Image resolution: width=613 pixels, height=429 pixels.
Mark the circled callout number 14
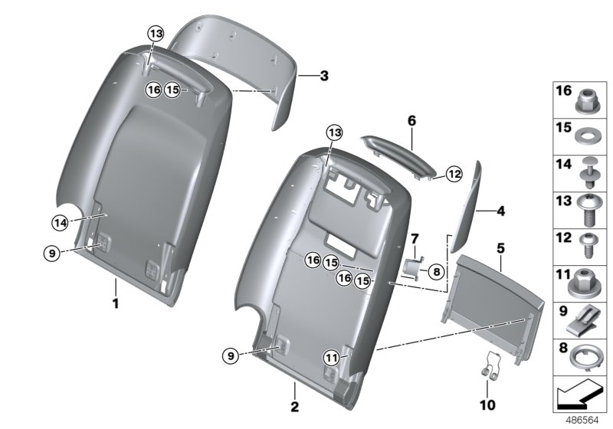coord(60,223)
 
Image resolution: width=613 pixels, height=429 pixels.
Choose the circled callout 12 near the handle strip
coord(454,175)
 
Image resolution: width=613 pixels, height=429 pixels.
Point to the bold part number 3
coord(323,76)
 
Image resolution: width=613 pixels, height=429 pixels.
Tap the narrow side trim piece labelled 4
coord(465,207)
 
